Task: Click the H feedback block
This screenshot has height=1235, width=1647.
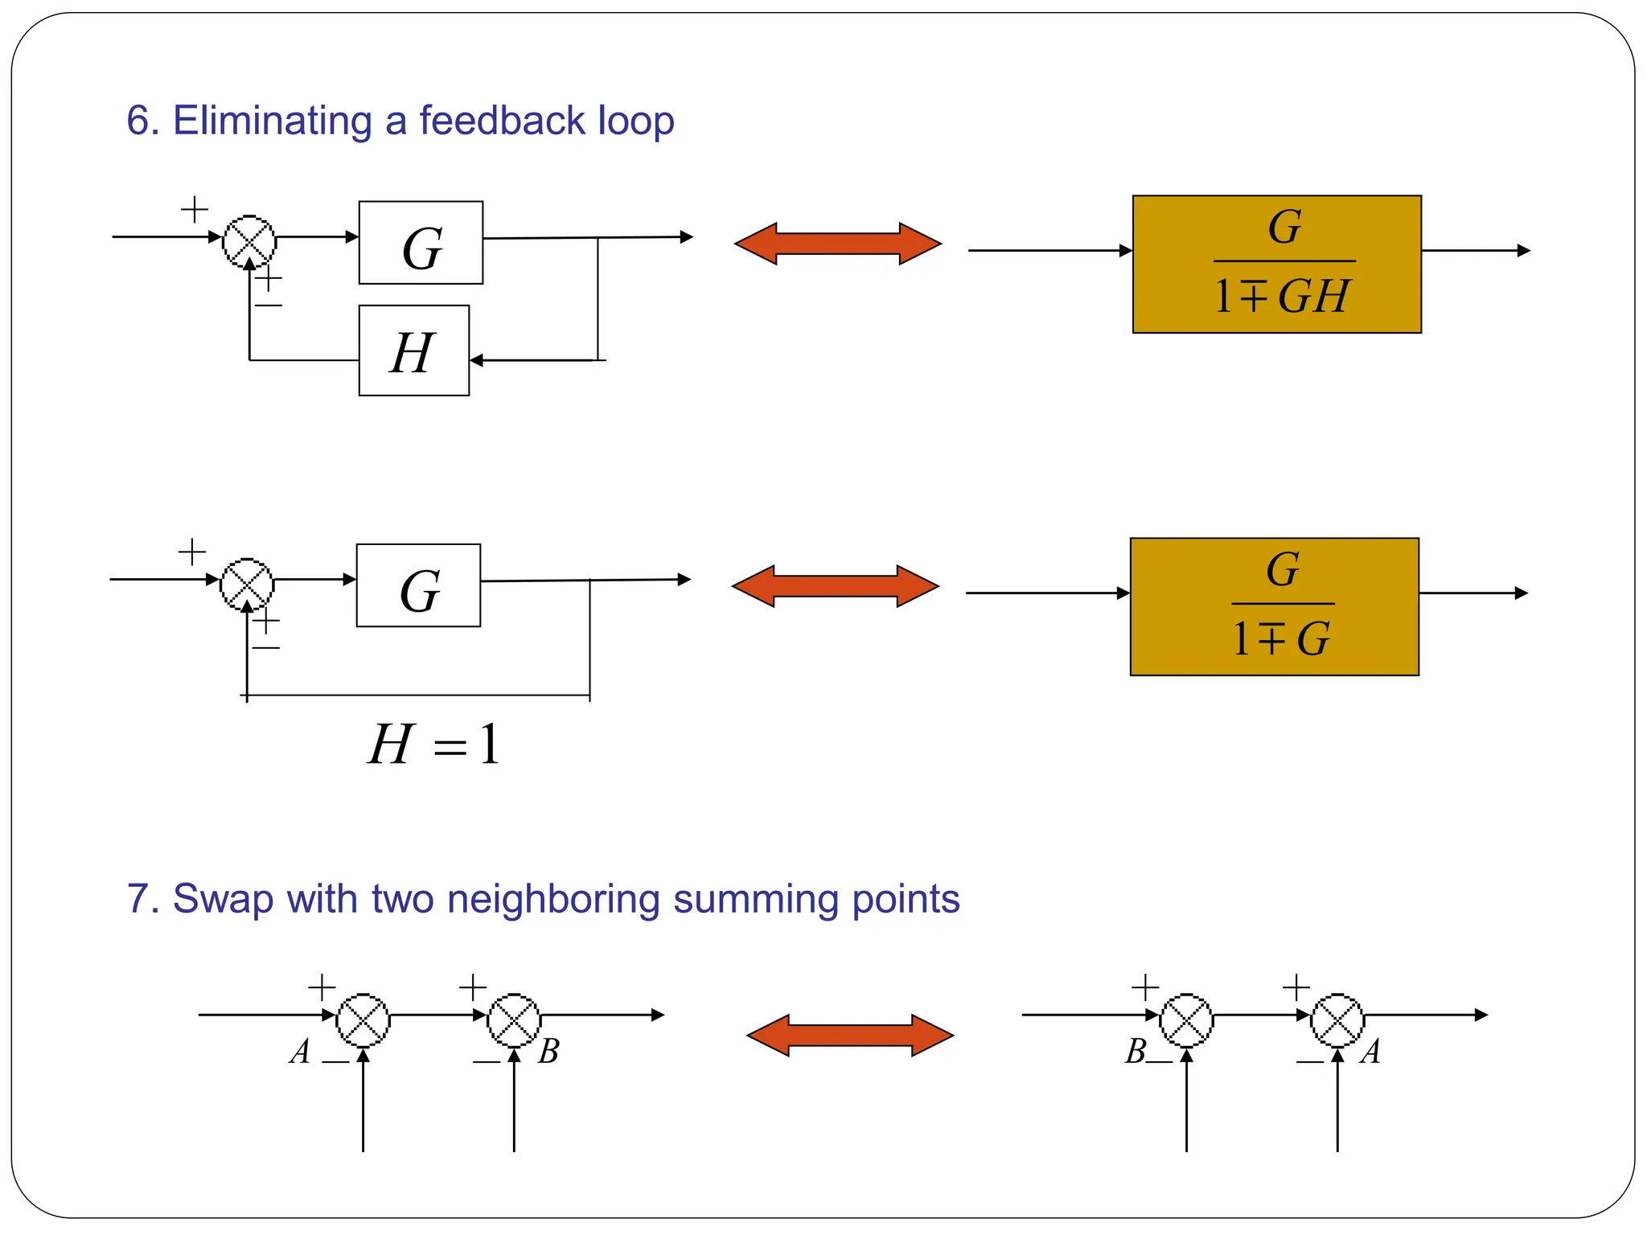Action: (x=413, y=351)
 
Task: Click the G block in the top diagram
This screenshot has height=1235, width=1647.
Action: (x=421, y=243)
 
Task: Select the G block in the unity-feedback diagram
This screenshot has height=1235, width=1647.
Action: (x=418, y=585)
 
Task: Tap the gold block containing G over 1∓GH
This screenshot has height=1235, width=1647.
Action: (x=1276, y=265)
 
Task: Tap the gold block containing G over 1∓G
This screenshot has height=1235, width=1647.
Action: (x=1274, y=607)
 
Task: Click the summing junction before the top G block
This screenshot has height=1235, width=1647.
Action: (x=249, y=241)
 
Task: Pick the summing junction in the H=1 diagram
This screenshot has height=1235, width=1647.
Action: (x=247, y=584)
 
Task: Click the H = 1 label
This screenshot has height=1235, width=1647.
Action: (x=433, y=745)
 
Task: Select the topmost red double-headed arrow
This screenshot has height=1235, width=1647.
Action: (x=837, y=244)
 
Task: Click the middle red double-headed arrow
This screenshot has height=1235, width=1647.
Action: (x=835, y=586)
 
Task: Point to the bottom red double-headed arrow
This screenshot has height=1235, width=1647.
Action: (x=850, y=1036)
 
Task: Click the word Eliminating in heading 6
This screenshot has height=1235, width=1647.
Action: (x=272, y=121)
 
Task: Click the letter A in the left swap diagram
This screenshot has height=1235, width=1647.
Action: (x=300, y=1052)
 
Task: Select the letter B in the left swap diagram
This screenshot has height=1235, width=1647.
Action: (x=548, y=1052)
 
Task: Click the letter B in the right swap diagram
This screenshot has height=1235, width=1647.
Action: (x=1136, y=1052)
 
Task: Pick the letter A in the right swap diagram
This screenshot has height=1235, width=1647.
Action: (x=1370, y=1052)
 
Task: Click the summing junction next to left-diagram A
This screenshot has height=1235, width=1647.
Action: (x=363, y=1020)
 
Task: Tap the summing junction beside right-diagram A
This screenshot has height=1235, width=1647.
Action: (x=1337, y=1020)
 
